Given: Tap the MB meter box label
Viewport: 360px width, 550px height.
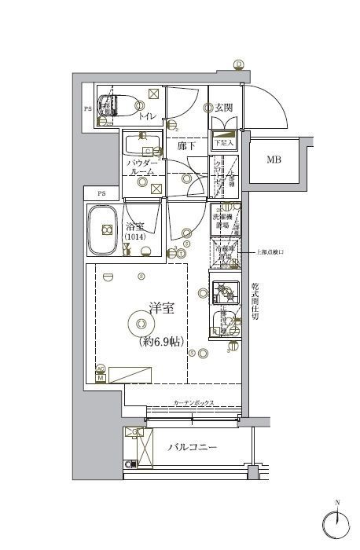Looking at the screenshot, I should tap(273, 160).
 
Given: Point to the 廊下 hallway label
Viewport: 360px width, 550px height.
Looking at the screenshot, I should tap(186, 146).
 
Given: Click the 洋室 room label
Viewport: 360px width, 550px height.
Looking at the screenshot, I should tap(161, 310).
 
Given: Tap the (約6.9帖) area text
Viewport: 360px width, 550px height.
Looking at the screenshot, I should tap(161, 342).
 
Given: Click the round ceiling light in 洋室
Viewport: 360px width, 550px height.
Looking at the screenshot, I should tap(140, 322).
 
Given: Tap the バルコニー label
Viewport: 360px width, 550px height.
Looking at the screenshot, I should tap(193, 448).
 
